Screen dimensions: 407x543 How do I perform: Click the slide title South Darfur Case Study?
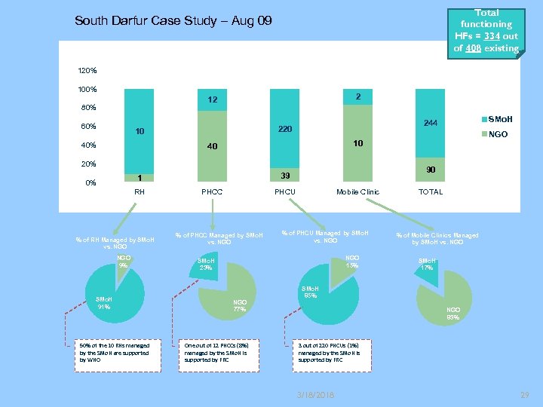click(x=173, y=20)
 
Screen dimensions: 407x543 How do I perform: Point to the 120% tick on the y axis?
click(x=87, y=71)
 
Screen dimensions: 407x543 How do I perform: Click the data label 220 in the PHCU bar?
click(x=284, y=130)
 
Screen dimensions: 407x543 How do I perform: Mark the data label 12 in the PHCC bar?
click(x=213, y=100)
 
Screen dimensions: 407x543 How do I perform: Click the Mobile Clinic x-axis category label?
click(x=358, y=192)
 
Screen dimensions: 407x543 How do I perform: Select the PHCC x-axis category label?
click(x=212, y=192)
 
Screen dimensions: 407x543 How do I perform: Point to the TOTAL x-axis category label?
click(x=431, y=192)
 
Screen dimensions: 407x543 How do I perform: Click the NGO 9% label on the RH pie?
click(x=124, y=262)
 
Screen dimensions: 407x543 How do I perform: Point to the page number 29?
click(x=524, y=395)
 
